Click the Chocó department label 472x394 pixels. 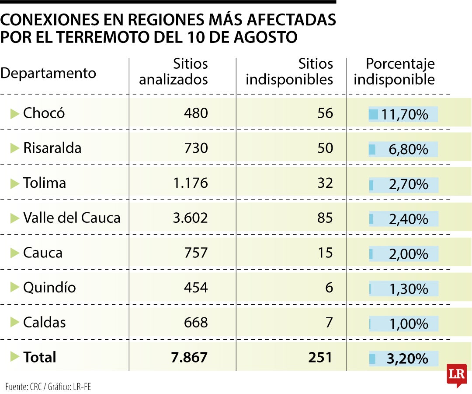pyautogui.click(x=44, y=113)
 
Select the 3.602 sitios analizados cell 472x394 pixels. pyautogui.click(x=190, y=218)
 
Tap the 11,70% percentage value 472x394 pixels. pyautogui.click(x=405, y=115)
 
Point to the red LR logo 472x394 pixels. pyautogui.click(x=457, y=375)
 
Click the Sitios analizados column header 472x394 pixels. pyautogui.click(x=174, y=72)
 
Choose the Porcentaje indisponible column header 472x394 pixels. pyautogui.click(x=394, y=72)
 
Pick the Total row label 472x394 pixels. pyautogui.click(x=40, y=357)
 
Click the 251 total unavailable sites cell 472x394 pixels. pyautogui.click(x=320, y=357)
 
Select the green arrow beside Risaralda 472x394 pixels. pyautogui.click(x=15, y=148)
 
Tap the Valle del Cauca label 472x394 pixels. pyautogui.click(x=72, y=218)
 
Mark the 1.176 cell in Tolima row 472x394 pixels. pyautogui.click(x=191, y=183)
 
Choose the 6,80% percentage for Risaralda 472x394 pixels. pyautogui.click(x=409, y=150)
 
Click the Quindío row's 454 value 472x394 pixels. pyautogui.click(x=196, y=287)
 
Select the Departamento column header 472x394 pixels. pyautogui.click(x=48, y=73)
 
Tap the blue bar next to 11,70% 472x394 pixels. pyautogui.click(x=373, y=115)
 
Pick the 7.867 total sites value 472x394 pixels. pyautogui.click(x=189, y=357)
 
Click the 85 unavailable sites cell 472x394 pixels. pyautogui.click(x=325, y=218)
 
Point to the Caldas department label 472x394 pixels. pyautogui.click(x=44, y=322)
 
